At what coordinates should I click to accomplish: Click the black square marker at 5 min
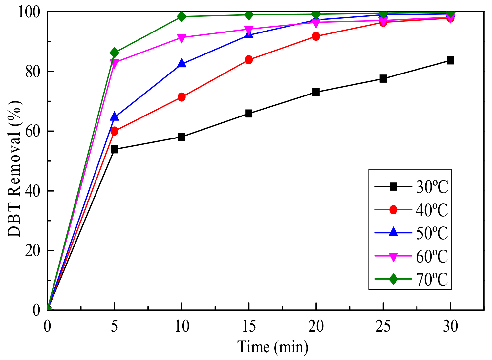pos(114,149)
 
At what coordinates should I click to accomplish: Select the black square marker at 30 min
pos(450,60)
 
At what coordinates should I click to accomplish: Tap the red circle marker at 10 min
pos(182,97)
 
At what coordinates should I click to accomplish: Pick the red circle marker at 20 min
pos(316,36)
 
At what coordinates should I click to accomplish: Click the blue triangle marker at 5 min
pos(114,116)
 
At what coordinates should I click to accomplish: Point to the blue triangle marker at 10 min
pos(182,64)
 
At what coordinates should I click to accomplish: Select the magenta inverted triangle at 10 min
pos(182,38)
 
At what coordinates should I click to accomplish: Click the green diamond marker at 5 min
pos(114,53)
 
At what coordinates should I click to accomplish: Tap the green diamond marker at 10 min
pos(182,16)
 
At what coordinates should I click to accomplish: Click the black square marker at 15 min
pos(248,114)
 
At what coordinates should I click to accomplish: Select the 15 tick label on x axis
pos(248,327)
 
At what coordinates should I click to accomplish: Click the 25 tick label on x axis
pos(383,327)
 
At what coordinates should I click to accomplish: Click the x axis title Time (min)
pos(273,347)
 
